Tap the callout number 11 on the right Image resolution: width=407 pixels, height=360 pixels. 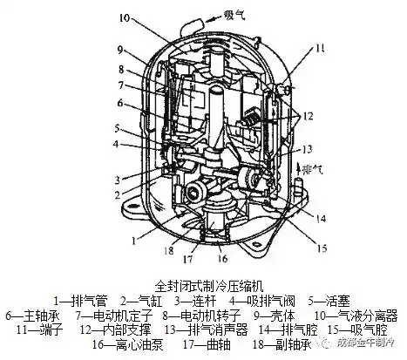[319, 49]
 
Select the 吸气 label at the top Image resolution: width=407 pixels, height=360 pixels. [238, 15]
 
